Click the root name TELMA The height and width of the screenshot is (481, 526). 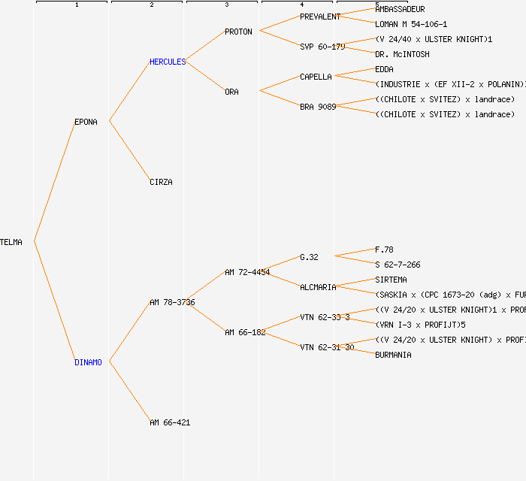coord(11,242)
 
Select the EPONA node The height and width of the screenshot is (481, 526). coord(86,122)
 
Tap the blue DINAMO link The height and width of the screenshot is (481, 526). coord(88,362)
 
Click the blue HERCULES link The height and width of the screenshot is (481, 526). coord(168,62)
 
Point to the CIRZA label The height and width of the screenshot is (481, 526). coord(161,182)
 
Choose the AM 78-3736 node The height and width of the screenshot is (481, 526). coord(172,302)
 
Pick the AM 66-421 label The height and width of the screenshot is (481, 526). coord(170,422)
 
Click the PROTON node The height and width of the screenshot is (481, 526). coord(238,32)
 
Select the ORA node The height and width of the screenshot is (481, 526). coord(231,92)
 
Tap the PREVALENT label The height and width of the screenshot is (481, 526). coord(320,17)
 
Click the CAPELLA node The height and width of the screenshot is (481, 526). coord(316,77)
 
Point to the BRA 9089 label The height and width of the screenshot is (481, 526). coord(318,107)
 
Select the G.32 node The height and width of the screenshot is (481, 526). coord(309,257)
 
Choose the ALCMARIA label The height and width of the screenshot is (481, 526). coord(318,287)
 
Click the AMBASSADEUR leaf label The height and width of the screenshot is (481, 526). coord(400,9)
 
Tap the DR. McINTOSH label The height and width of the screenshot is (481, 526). coord(402,54)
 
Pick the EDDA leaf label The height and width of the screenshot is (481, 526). coord(384,69)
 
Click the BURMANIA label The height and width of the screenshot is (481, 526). coord(393,355)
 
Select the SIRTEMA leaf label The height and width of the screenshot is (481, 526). coord(391,280)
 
